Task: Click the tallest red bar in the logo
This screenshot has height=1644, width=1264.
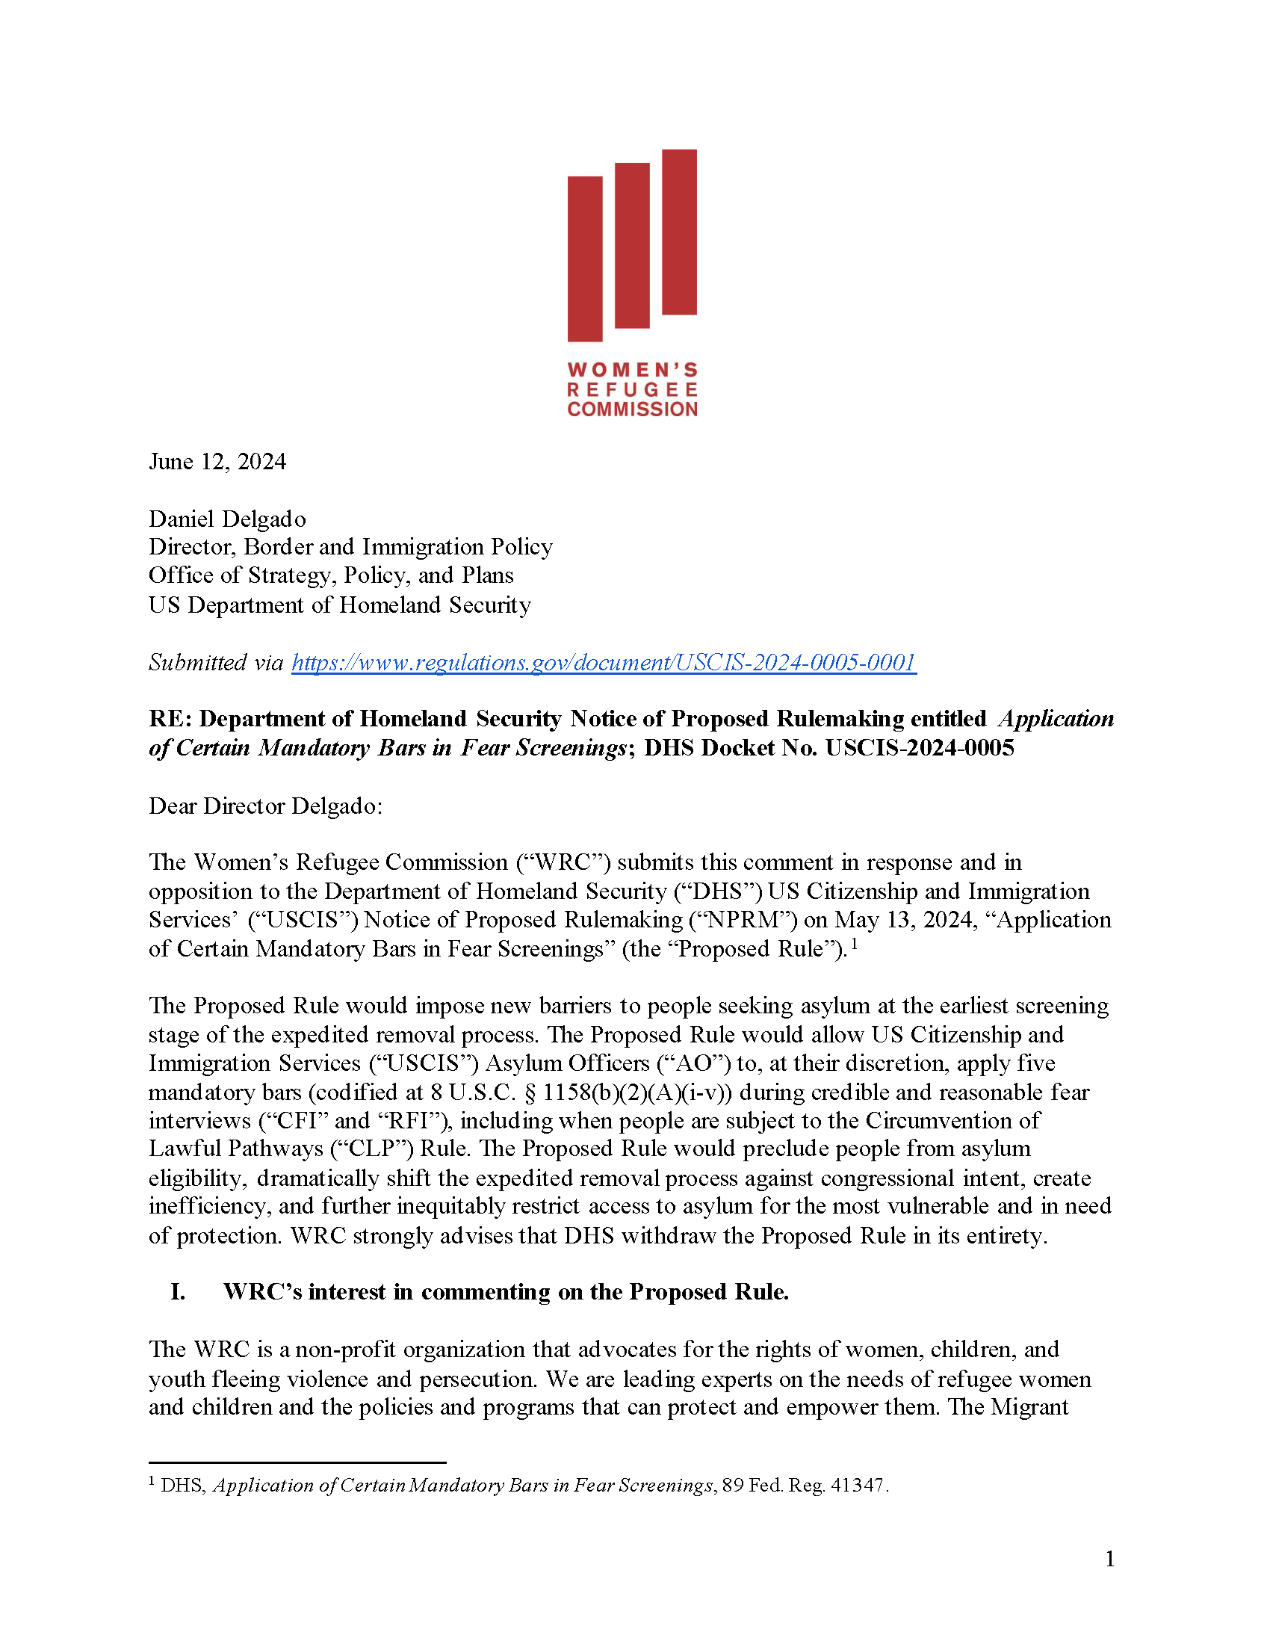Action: pos(678,232)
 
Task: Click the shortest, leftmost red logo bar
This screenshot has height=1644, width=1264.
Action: pos(585,258)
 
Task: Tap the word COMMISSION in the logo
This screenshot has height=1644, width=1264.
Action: pos(632,410)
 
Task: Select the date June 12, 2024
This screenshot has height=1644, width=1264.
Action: pos(217,461)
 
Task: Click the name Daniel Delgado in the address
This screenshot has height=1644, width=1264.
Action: pos(227,519)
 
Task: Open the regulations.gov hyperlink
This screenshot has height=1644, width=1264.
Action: pos(604,662)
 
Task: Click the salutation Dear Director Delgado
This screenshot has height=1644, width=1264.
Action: pos(266,806)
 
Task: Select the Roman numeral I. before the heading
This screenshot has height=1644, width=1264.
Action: pos(178,1292)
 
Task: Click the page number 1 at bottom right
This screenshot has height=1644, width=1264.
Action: pos(1110,1559)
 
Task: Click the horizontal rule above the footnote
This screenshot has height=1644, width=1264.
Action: pos(297,1462)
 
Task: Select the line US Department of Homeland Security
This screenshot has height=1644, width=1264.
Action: pos(339,605)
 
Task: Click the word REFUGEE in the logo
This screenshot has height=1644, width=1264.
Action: pos(632,390)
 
